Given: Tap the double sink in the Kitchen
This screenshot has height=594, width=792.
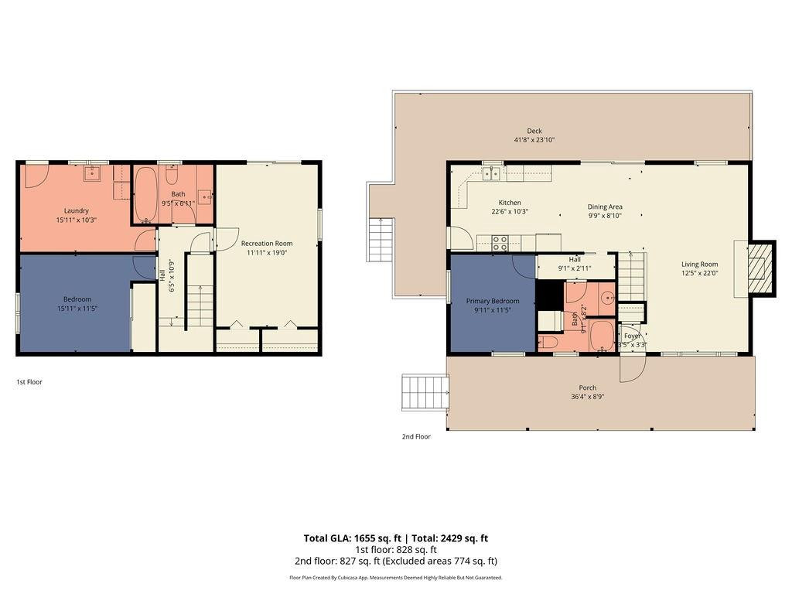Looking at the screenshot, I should tap(491, 173).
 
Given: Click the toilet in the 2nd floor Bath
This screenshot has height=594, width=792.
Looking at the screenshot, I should tap(548, 342).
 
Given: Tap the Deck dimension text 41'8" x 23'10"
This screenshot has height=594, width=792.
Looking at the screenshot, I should tap(534, 140).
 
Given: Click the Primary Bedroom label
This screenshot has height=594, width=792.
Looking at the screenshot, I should tap(493, 301).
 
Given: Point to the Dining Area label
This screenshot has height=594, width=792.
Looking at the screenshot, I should tap(605, 207).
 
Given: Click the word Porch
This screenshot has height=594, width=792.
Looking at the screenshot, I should tap(588, 387).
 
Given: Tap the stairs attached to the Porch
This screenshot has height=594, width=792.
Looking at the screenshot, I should tap(425, 394).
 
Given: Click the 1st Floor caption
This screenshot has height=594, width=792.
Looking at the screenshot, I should tap(29, 381).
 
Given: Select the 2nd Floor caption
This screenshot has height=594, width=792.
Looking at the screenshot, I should tap(415, 436).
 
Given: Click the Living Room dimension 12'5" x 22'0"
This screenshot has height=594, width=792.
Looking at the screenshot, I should tap(699, 272).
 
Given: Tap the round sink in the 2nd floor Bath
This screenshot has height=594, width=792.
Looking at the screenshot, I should tap(607, 296).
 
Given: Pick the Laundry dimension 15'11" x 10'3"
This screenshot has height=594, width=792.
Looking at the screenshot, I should tap(77, 220).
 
